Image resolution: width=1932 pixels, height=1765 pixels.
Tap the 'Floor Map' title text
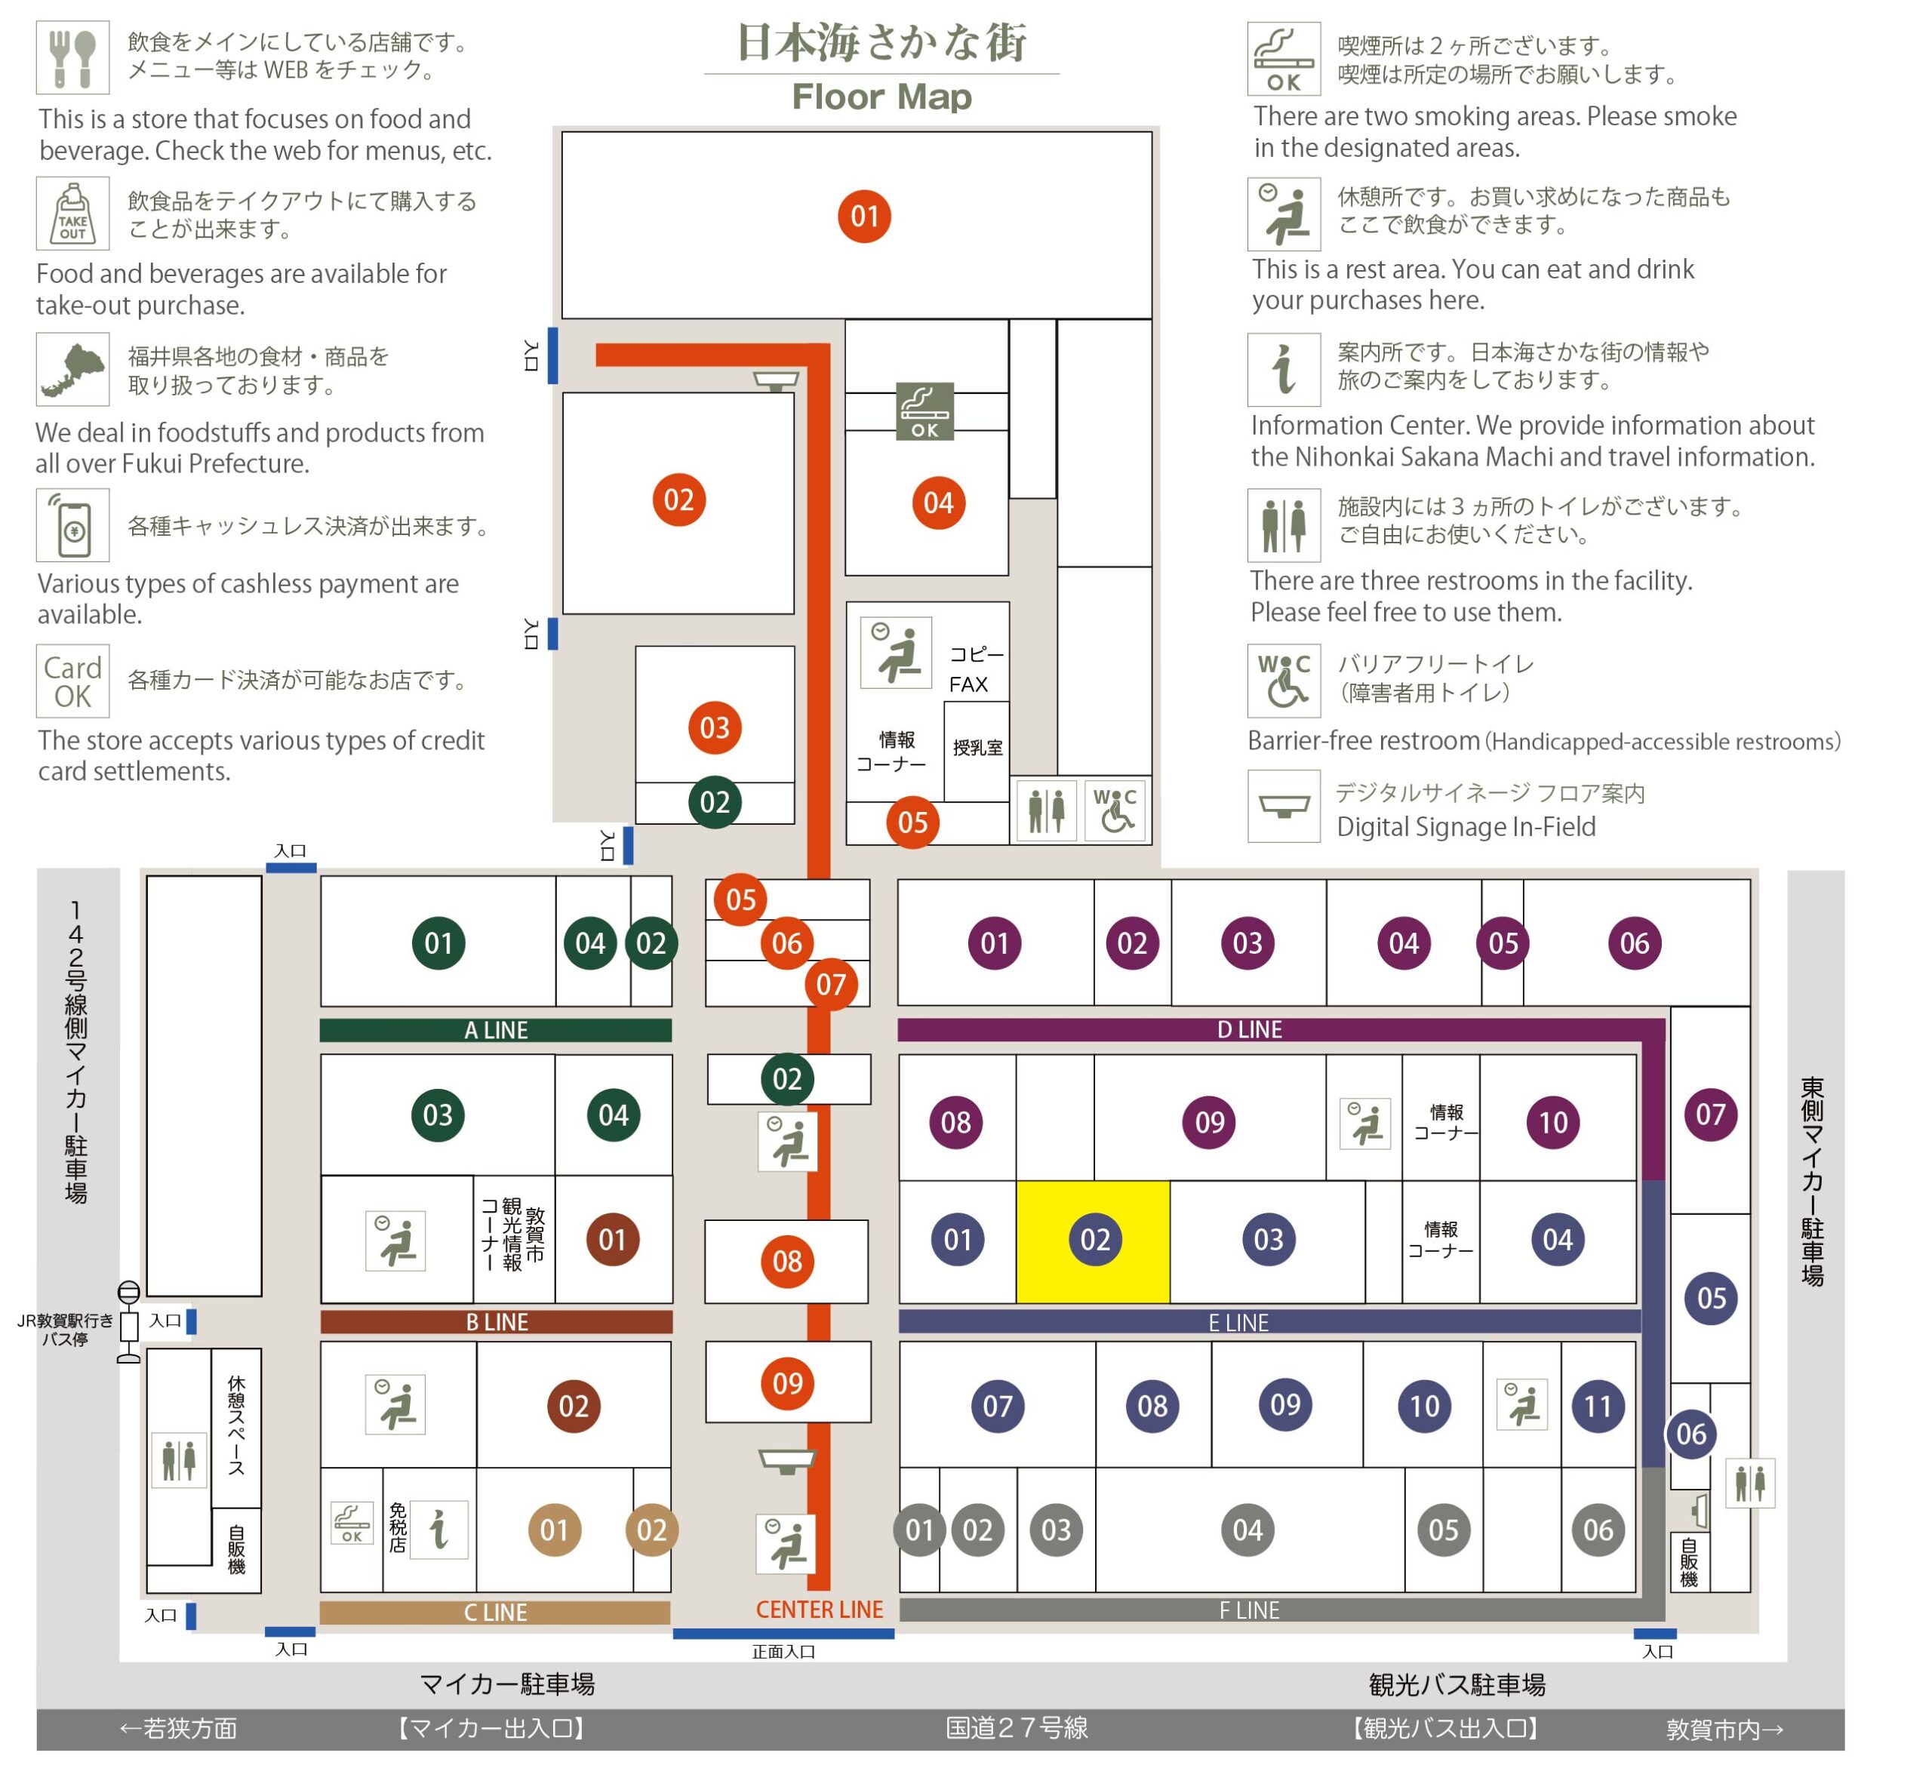881,97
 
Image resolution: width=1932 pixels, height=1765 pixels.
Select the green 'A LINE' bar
496,1030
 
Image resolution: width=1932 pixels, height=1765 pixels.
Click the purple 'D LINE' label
1250,1030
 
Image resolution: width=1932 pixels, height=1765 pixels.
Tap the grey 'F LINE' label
1249,1611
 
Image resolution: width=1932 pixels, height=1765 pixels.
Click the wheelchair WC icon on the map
1115,810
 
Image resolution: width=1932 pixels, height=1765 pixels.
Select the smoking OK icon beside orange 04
924,411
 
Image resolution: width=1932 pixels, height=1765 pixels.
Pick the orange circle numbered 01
864,217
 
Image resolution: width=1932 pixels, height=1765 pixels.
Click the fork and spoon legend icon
73,57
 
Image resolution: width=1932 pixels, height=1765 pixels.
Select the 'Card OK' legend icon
73,681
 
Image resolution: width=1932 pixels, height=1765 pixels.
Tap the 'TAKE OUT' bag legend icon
73,213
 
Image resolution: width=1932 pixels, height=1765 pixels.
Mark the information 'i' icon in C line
439,1530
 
